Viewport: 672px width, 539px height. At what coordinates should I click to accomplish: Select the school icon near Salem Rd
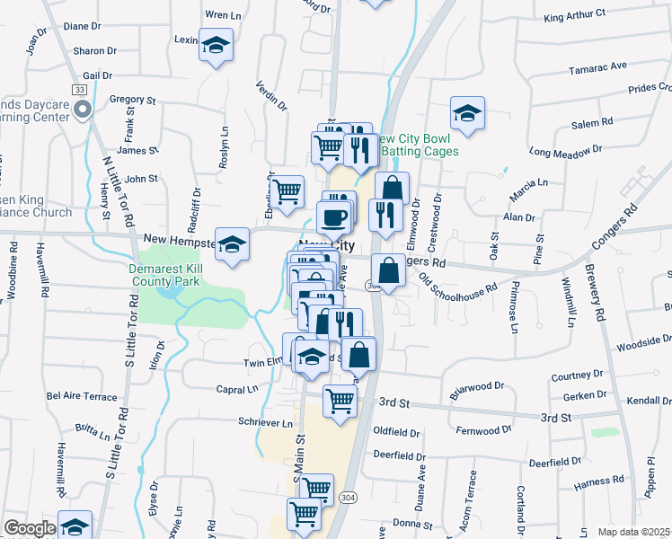[x=467, y=113]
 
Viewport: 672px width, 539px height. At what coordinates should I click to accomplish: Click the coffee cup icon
[x=334, y=217]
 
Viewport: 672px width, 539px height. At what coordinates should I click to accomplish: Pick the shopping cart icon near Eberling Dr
[x=287, y=190]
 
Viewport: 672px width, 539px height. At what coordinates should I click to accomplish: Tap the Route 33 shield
[x=80, y=90]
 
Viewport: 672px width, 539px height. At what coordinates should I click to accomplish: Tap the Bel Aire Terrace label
[x=82, y=396]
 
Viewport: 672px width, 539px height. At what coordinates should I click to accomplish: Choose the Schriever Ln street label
[x=266, y=423]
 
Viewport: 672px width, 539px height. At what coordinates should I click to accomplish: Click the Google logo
[x=30, y=528]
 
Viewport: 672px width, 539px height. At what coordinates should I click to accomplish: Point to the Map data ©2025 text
[x=634, y=532]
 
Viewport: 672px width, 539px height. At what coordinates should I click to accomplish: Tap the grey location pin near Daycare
[x=83, y=110]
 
